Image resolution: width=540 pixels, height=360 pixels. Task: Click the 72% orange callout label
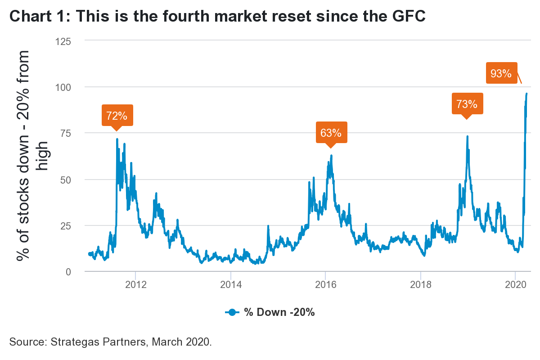(117, 116)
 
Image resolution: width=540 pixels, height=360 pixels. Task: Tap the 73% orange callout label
(467, 104)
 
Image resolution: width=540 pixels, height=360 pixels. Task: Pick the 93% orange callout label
(501, 73)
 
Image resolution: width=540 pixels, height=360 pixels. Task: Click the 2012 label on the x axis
(135, 285)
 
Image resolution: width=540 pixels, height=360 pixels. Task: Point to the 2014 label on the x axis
(230, 285)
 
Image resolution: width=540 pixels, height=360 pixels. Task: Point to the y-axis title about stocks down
(32, 155)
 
